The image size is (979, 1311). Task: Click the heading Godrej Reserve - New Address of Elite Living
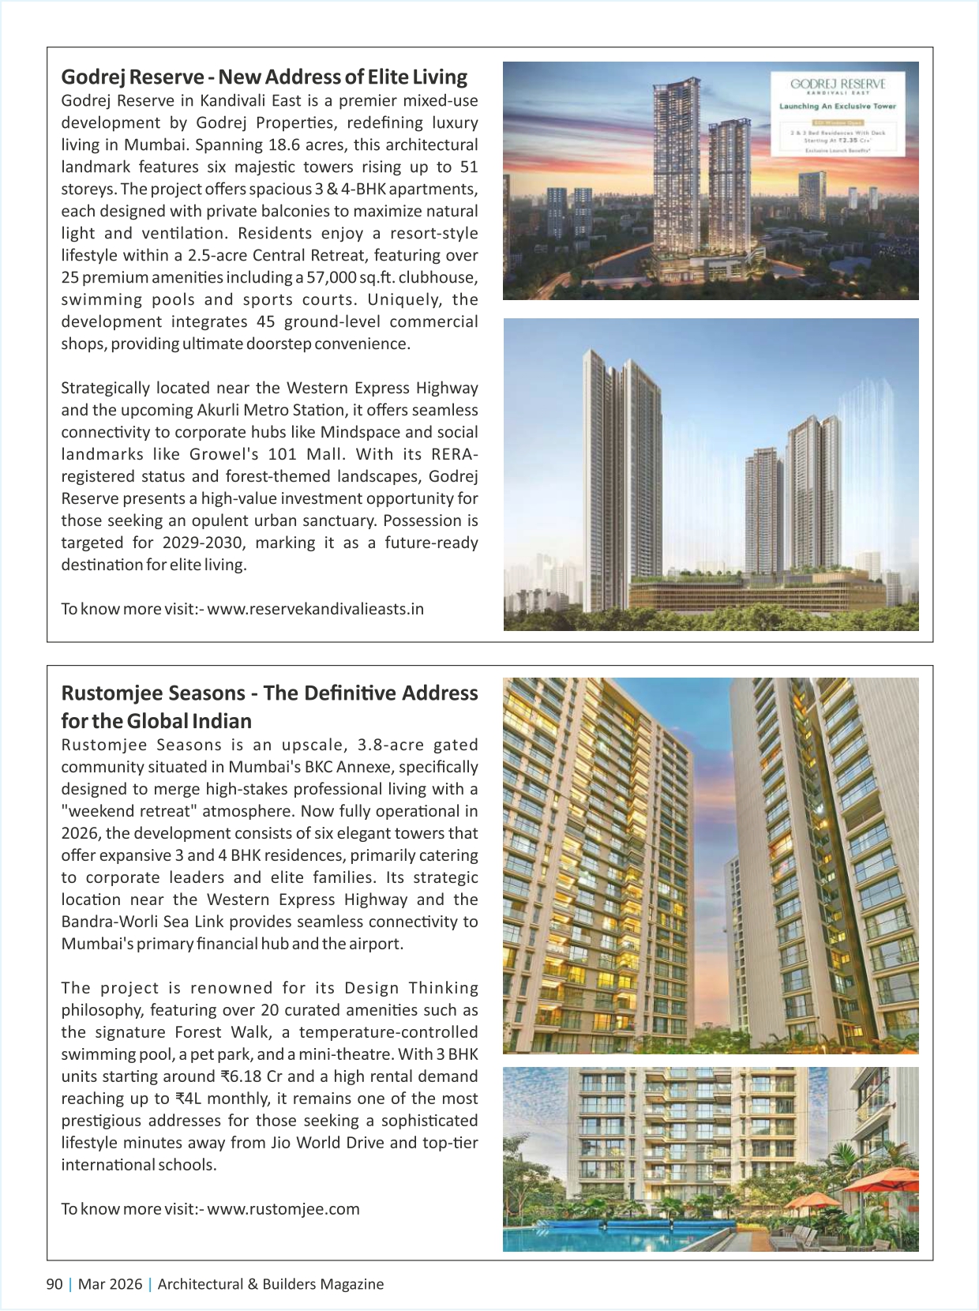click(264, 77)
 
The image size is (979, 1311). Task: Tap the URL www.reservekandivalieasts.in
click(315, 609)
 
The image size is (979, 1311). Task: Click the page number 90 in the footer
click(54, 1284)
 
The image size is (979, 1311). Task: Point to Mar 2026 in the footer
click(110, 1284)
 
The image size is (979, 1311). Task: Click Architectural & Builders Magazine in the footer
click(271, 1284)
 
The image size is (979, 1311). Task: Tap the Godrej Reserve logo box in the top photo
click(838, 114)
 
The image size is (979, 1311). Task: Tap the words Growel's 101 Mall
click(266, 454)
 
